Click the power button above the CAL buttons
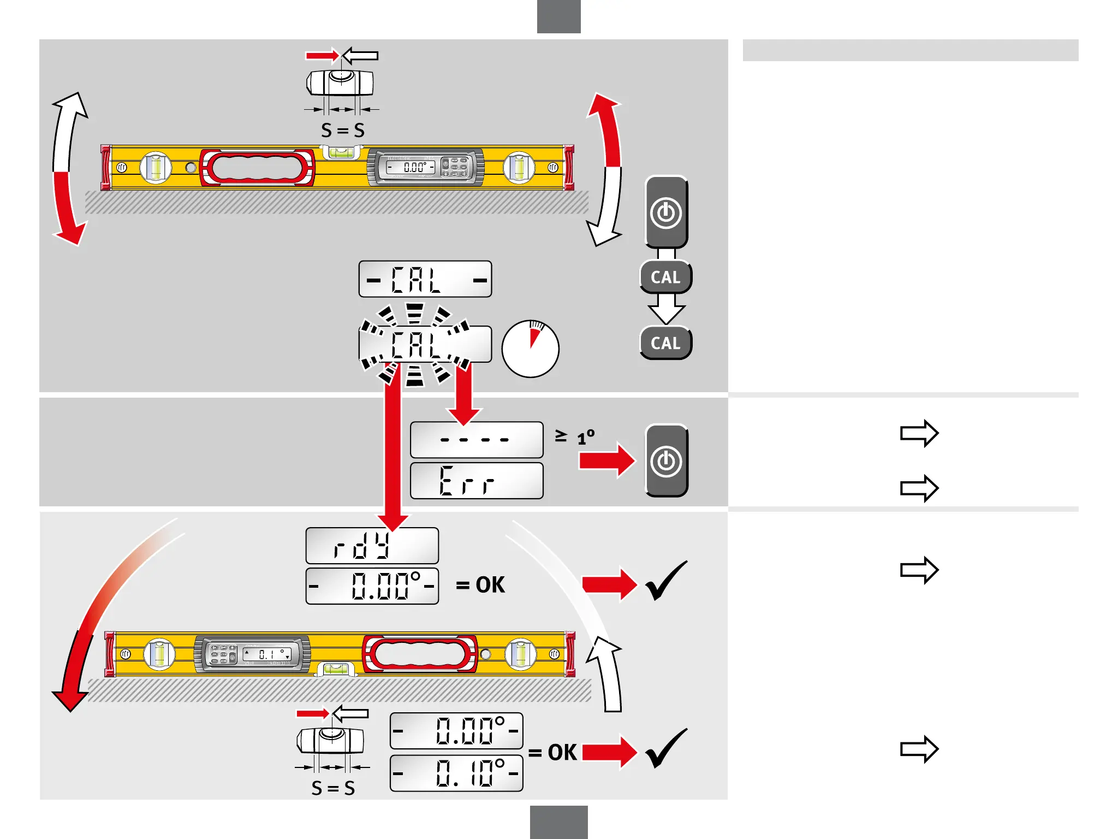click(666, 212)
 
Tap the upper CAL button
click(666, 277)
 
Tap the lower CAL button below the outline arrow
click(666, 343)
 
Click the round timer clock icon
click(530, 349)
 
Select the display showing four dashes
click(477, 440)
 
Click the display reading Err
click(477, 481)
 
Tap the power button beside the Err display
click(666, 460)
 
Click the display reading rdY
click(372, 546)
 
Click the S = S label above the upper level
click(343, 131)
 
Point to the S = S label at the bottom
click(333, 788)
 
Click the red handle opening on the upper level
click(257, 168)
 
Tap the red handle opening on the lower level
click(420, 654)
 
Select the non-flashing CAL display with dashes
click(425, 279)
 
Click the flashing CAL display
click(425, 345)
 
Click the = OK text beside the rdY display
click(480, 585)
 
